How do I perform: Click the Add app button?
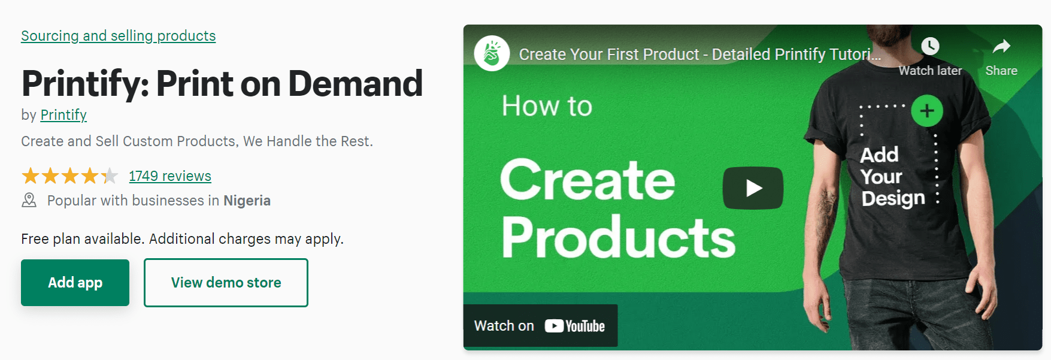coord(75,283)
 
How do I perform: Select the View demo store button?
coord(226,283)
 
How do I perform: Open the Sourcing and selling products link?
coord(119,36)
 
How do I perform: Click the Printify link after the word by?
coord(63,115)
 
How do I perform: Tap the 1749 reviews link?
coord(170,176)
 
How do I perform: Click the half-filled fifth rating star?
coord(110,176)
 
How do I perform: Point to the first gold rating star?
coord(31,176)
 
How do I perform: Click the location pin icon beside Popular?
coord(29,200)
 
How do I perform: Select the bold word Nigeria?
coord(247,201)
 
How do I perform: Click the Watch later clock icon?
coord(930,46)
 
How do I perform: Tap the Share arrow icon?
coord(1001,46)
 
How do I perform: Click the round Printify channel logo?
coord(492,53)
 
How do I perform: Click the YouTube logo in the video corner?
coord(575,326)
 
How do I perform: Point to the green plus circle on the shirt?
coord(927,111)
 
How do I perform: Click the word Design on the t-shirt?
coord(893,199)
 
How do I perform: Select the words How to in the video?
coord(547,106)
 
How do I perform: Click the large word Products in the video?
coord(618,238)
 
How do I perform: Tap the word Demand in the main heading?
coord(356,83)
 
